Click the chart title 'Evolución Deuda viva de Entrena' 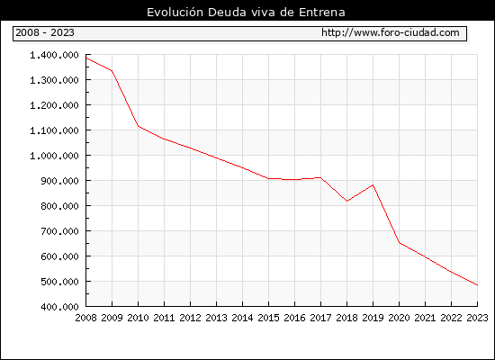click(x=246, y=12)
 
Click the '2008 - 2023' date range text click(x=45, y=32)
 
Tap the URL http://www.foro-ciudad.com click(x=391, y=32)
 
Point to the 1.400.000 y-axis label click(x=54, y=55)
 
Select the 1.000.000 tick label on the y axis click(x=54, y=156)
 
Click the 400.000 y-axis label click(x=59, y=307)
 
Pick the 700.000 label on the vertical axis click(x=59, y=231)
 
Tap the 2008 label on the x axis click(x=85, y=318)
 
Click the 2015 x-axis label click(x=269, y=318)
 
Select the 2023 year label click(x=477, y=318)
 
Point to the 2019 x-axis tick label click(x=373, y=318)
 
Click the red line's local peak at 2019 click(x=373, y=185)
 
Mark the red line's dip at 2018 click(x=346, y=201)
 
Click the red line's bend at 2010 click(x=139, y=126)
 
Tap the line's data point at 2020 click(x=400, y=243)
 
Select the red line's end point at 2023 click(x=477, y=284)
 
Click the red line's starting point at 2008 click(x=86, y=58)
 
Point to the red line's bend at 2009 click(x=112, y=71)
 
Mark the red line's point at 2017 click(x=320, y=178)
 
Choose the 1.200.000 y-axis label click(x=54, y=105)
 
